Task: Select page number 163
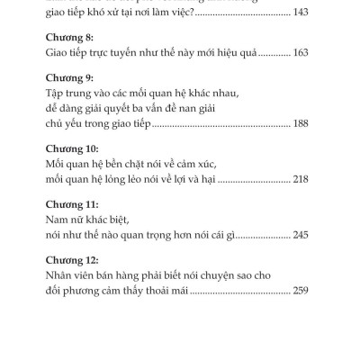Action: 301,52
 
